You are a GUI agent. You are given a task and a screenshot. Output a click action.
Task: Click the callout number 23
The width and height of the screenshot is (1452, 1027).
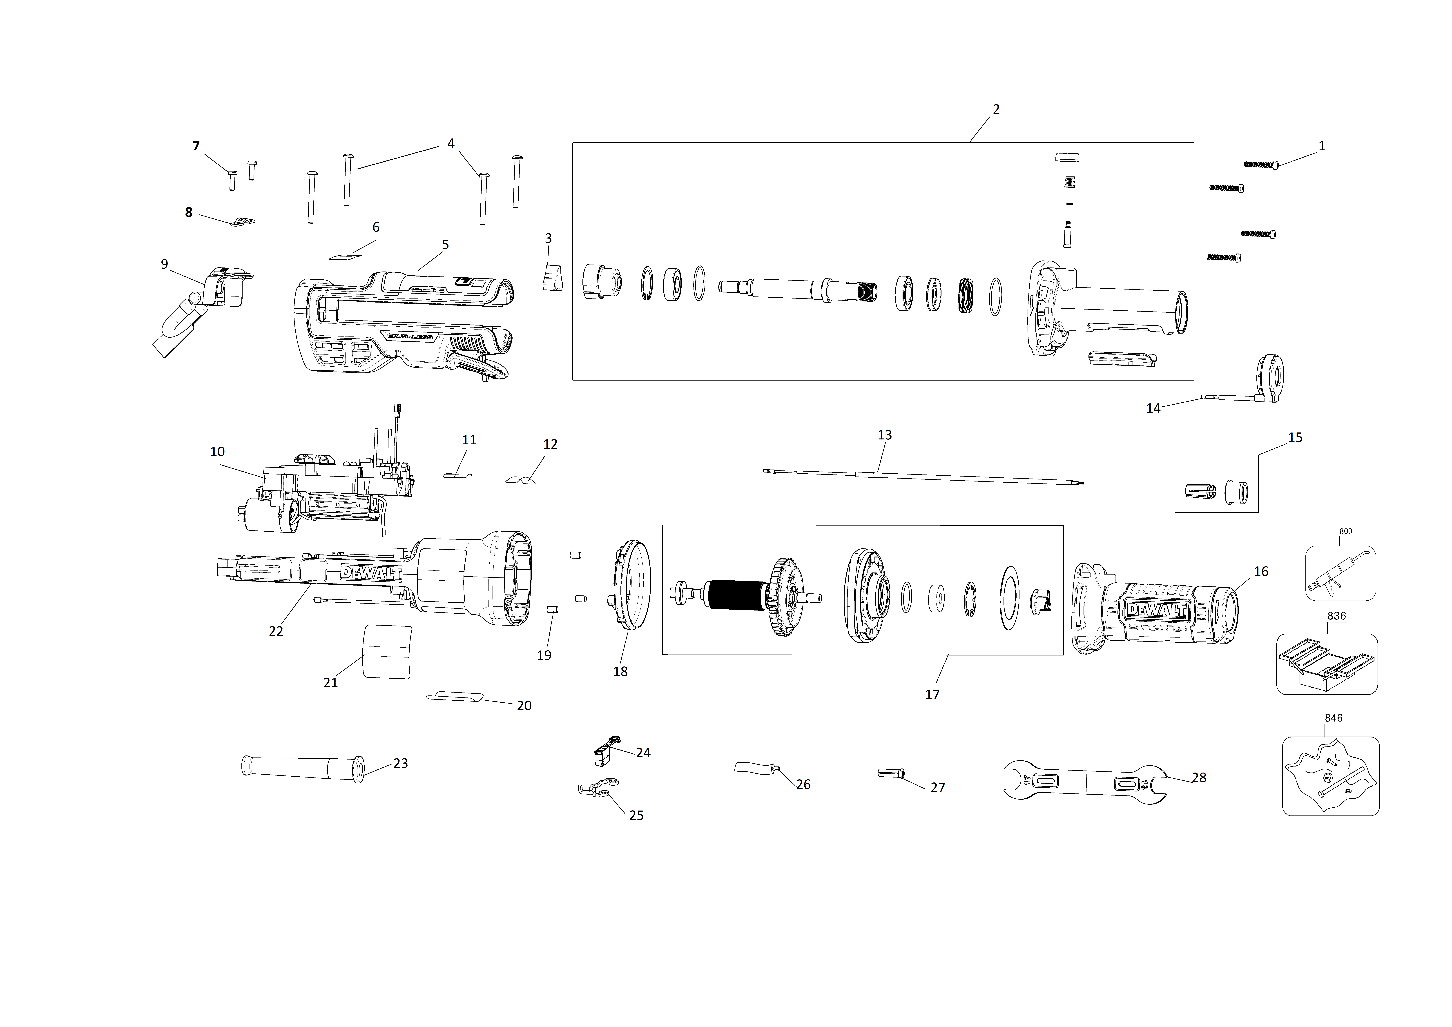[401, 763]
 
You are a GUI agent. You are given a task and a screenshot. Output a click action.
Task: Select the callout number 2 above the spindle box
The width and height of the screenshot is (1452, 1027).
[996, 109]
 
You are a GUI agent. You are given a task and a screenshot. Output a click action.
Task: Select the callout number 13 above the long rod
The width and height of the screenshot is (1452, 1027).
[885, 435]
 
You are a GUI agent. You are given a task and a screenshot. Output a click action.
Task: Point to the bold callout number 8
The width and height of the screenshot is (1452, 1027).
[188, 212]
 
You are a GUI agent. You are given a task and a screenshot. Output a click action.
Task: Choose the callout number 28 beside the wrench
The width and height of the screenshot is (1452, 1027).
[1199, 778]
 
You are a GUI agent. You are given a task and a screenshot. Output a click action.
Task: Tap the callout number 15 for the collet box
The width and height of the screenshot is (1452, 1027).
[1295, 438]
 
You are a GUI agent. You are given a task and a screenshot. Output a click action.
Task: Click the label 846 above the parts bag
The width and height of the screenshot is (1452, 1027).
[1334, 718]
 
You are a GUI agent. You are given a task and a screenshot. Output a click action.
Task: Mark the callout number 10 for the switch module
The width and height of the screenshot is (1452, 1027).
[218, 452]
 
